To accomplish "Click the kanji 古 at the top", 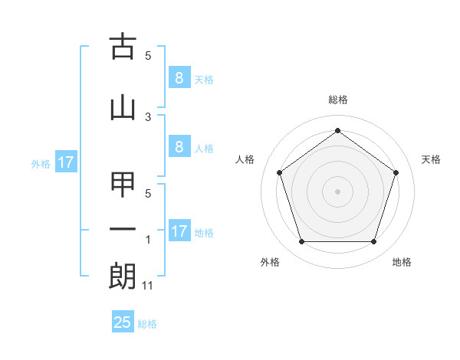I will [123, 47].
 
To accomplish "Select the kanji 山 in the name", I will [123, 108].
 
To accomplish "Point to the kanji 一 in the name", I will [123, 230].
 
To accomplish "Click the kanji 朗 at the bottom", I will [123, 276].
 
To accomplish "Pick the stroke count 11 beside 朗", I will [148, 286].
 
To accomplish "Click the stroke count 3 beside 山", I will [148, 116].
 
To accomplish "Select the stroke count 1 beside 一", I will [148, 240].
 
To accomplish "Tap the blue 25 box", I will [123, 322].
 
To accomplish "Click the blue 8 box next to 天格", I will [179, 77].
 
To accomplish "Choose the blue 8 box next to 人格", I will [179, 147].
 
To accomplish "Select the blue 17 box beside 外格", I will [65, 162].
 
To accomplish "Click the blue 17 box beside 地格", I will [179, 231].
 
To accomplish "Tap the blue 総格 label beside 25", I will [147, 324].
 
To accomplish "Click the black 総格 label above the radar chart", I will [338, 100].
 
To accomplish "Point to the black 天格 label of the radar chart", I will [431, 159].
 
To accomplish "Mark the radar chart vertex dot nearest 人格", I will [280, 172].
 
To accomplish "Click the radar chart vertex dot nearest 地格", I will [373, 242].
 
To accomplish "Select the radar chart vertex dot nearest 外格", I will [301, 242].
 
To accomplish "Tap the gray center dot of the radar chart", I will [337, 191].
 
